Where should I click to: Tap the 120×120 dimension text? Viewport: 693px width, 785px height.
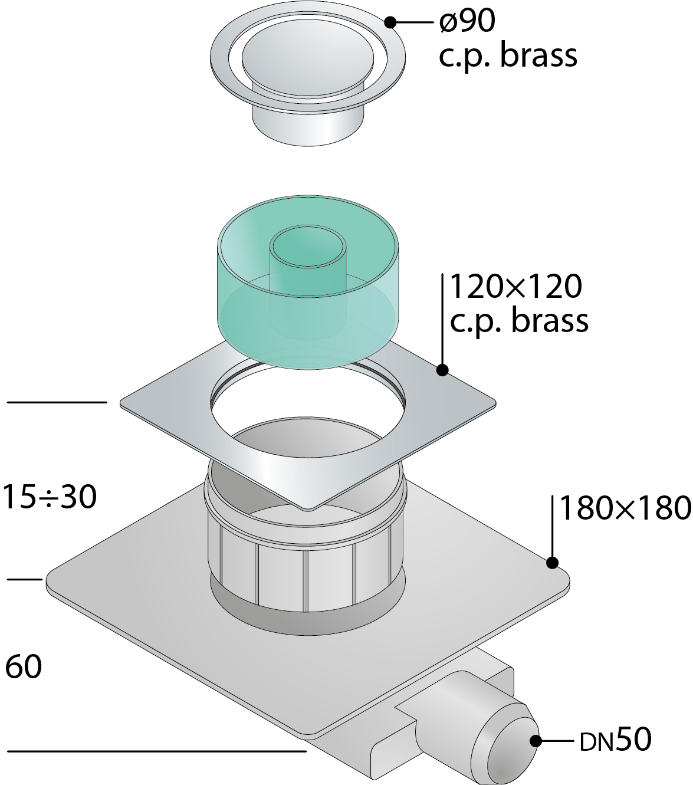click(x=516, y=287)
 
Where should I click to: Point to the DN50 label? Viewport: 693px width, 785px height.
click(x=616, y=740)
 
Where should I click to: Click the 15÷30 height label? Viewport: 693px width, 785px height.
click(x=50, y=497)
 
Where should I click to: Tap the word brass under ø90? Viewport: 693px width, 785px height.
click(x=538, y=55)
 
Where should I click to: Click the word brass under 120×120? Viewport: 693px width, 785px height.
click(x=550, y=320)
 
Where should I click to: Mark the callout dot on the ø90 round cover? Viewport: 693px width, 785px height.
click(x=390, y=22)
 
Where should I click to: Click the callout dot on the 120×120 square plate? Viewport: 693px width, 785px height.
click(x=442, y=370)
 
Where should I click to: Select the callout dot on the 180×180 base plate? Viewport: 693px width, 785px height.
click(x=552, y=562)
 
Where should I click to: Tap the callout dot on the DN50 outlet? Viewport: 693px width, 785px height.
click(x=536, y=741)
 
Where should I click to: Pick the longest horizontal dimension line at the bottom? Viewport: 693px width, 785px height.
click(x=157, y=751)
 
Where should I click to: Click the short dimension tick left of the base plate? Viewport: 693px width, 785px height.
click(x=25, y=580)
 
